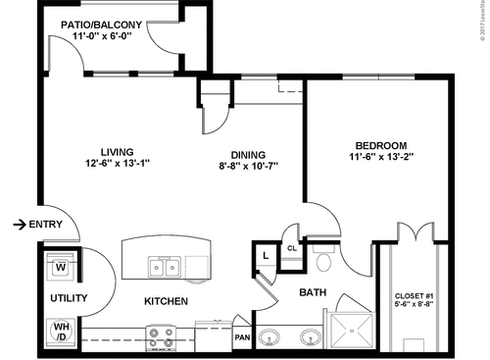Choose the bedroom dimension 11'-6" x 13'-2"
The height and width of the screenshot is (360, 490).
click(377, 156)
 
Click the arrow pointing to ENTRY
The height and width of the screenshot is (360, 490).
click(19, 225)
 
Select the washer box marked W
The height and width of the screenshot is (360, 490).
click(60, 266)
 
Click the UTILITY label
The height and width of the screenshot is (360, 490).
click(69, 298)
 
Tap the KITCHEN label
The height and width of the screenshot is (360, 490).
click(166, 301)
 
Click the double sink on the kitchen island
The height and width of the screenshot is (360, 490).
click(163, 266)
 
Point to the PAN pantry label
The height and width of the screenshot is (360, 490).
click(242, 338)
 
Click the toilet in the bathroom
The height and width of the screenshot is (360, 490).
click(324, 260)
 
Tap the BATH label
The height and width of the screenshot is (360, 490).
click(312, 291)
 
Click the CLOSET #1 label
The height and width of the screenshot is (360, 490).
click(415, 295)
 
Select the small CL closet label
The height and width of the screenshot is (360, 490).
click(291, 248)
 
